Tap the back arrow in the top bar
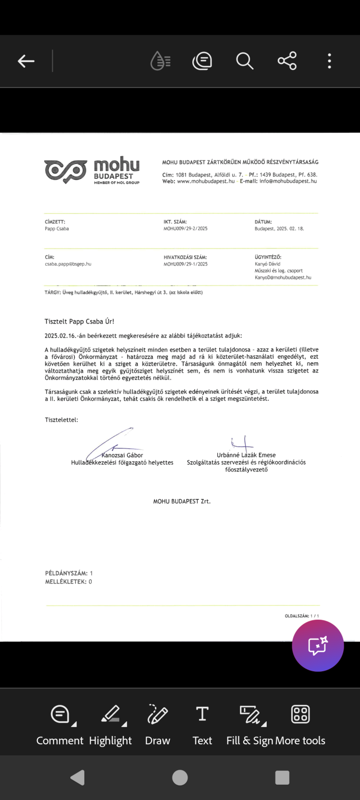click(x=26, y=61)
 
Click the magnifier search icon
click(x=244, y=61)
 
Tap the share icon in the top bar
click(x=287, y=61)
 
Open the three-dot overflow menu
click(x=329, y=61)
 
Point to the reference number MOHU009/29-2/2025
click(x=185, y=229)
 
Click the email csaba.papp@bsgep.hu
click(x=68, y=264)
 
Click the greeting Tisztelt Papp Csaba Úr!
click(x=79, y=322)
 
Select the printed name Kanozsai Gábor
click(x=122, y=455)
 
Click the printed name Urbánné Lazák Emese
click(x=246, y=455)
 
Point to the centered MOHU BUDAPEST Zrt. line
click(x=182, y=502)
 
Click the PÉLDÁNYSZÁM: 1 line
click(x=69, y=573)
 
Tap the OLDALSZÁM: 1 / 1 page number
click(x=302, y=616)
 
